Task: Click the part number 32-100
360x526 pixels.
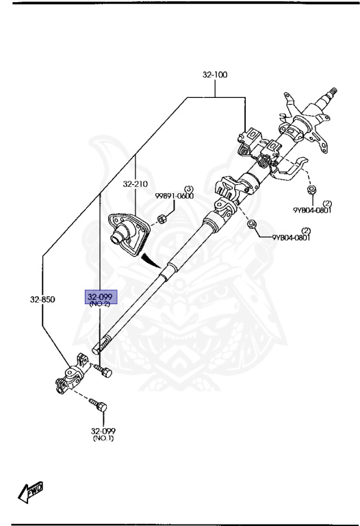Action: tap(215, 75)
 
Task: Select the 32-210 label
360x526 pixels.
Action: tap(135, 184)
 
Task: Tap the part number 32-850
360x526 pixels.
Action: tap(42, 299)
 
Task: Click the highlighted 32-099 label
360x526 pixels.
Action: tap(100, 297)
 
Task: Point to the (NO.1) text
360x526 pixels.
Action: tap(103, 438)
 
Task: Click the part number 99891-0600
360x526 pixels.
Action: tap(175, 196)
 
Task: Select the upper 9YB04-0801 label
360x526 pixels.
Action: tap(312, 210)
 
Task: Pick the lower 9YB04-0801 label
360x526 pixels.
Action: tap(291, 238)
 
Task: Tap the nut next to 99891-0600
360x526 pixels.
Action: tap(161, 219)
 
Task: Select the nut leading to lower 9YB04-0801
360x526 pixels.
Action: tap(251, 224)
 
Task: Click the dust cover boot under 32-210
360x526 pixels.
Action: tap(129, 235)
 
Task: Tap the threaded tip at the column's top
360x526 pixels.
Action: tap(333, 91)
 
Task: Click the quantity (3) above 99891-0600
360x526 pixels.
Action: tap(190, 188)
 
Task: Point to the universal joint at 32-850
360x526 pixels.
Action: tap(73, 373)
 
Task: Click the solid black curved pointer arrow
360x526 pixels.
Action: tap(150, 260)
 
